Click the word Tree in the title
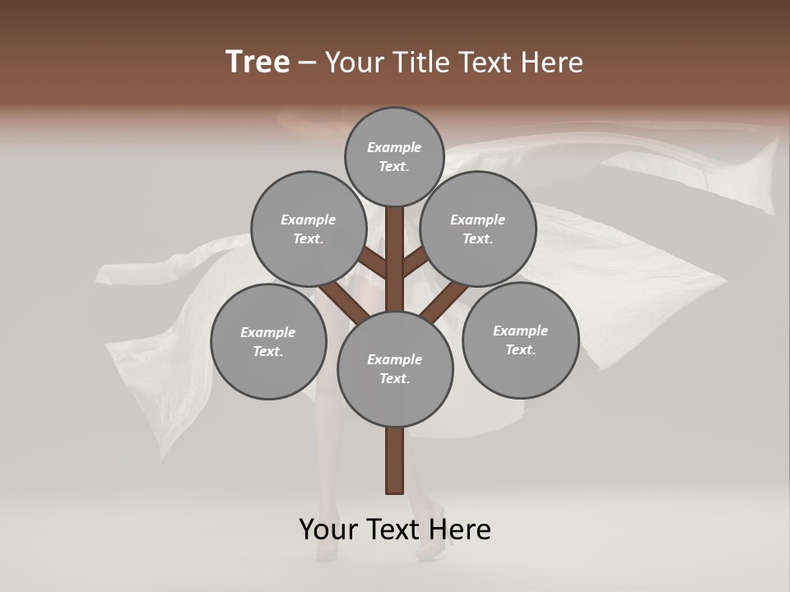click(258, 62)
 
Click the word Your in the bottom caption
click(329, 530)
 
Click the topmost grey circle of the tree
click(394, 156)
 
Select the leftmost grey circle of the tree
click(268, 341)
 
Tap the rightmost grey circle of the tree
click(520, 340)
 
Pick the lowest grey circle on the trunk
click(395, 368)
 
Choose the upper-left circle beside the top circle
click(309, 229)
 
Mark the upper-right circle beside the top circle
click(478, 229)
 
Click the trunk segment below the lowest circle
click(395, 460)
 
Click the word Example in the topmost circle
click(394, 147)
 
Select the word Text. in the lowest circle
click(394, 378)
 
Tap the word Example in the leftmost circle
click(267, 332)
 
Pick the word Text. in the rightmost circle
click(520, 349)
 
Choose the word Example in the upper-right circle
click(477, 220)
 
